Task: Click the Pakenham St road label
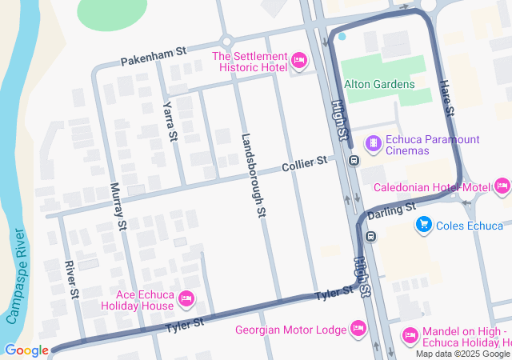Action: tap(153, 56)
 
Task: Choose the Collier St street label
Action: tap(305, 164)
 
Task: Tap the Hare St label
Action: tap(446, 95)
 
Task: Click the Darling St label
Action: tap(393, 210)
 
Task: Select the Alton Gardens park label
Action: tap(379, 84)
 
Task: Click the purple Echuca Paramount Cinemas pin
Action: tap(373, 144)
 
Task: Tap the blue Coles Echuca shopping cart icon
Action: tap(423, 226)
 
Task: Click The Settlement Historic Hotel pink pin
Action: tap(299, 60)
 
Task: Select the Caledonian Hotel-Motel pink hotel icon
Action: tap(502, 187)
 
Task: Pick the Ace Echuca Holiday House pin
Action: tap(186, 298)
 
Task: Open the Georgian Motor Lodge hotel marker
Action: tap(358, 329)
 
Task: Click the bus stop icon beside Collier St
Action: tap(353, 161)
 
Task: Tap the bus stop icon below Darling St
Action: tap(370, 236)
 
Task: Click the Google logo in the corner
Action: tap(26, 350)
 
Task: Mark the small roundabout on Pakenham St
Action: tap(226, 42)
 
